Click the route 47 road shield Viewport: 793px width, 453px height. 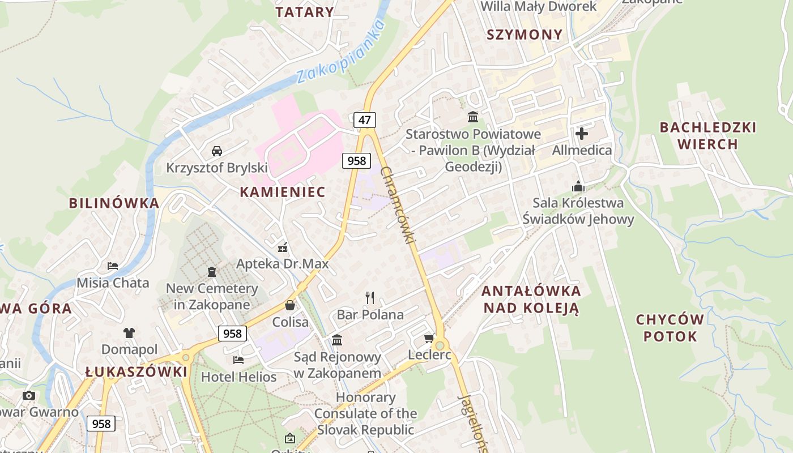tap(365, 119)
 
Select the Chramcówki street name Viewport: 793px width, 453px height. tap(398, 205)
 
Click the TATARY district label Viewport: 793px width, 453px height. tap(305, 12)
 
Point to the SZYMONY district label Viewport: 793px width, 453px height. tap(525, 35)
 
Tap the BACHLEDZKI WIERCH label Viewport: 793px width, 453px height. tap(707, 135)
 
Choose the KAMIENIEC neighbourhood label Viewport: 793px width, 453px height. tap(283, 192)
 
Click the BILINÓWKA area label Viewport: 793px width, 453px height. tap(114, 203)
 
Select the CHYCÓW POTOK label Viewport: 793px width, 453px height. tap(670, 328)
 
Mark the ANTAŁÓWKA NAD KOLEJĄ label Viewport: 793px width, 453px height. tap(531, 300)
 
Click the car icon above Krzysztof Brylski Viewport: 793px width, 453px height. tap(216, 151)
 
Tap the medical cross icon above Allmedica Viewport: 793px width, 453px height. tap(582, 134)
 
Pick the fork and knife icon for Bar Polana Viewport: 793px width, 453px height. tap(370, 297)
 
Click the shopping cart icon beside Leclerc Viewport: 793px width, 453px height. tap(429, 339)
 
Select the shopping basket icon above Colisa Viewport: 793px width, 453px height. tap(290, 305)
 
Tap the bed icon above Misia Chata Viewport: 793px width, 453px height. tap(113, 266)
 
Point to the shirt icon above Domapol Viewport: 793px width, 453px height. tap(129, 332)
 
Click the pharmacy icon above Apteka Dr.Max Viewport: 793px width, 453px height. tap(283, 247)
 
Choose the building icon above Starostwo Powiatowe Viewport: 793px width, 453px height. tap(472, 117)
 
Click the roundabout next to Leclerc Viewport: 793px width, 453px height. tap(440, 344)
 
